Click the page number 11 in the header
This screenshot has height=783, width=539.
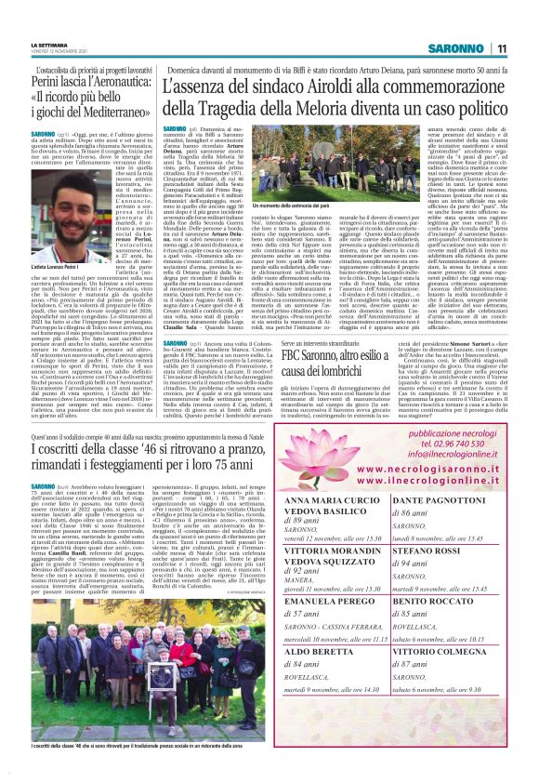coord(501,48)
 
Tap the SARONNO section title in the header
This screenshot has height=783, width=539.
coord(458,48)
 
